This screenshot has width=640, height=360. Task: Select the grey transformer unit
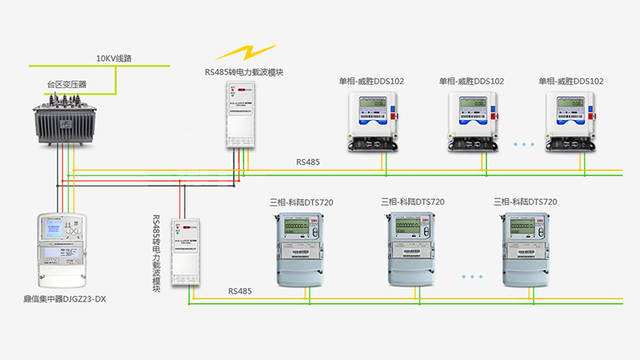pyautogui.click(x=63, y=120)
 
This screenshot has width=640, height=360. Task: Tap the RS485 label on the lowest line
pyautogui.click(x=239, y=292)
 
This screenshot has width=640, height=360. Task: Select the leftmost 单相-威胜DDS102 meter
pyautogui.click(x=372, y=120)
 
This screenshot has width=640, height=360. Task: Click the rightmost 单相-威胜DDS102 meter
pyautogui.click(x=572, y=120)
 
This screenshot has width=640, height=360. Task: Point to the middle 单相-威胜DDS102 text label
pyautogui.click(x=471, y=81)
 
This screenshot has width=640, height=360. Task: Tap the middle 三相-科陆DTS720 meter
pyautogui.click(x=413, y=247)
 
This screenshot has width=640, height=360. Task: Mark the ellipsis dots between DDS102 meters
pyautogui.click(x=523, y=144)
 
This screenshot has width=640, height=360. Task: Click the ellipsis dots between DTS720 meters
pyautogui.click(x=471, y=274)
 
